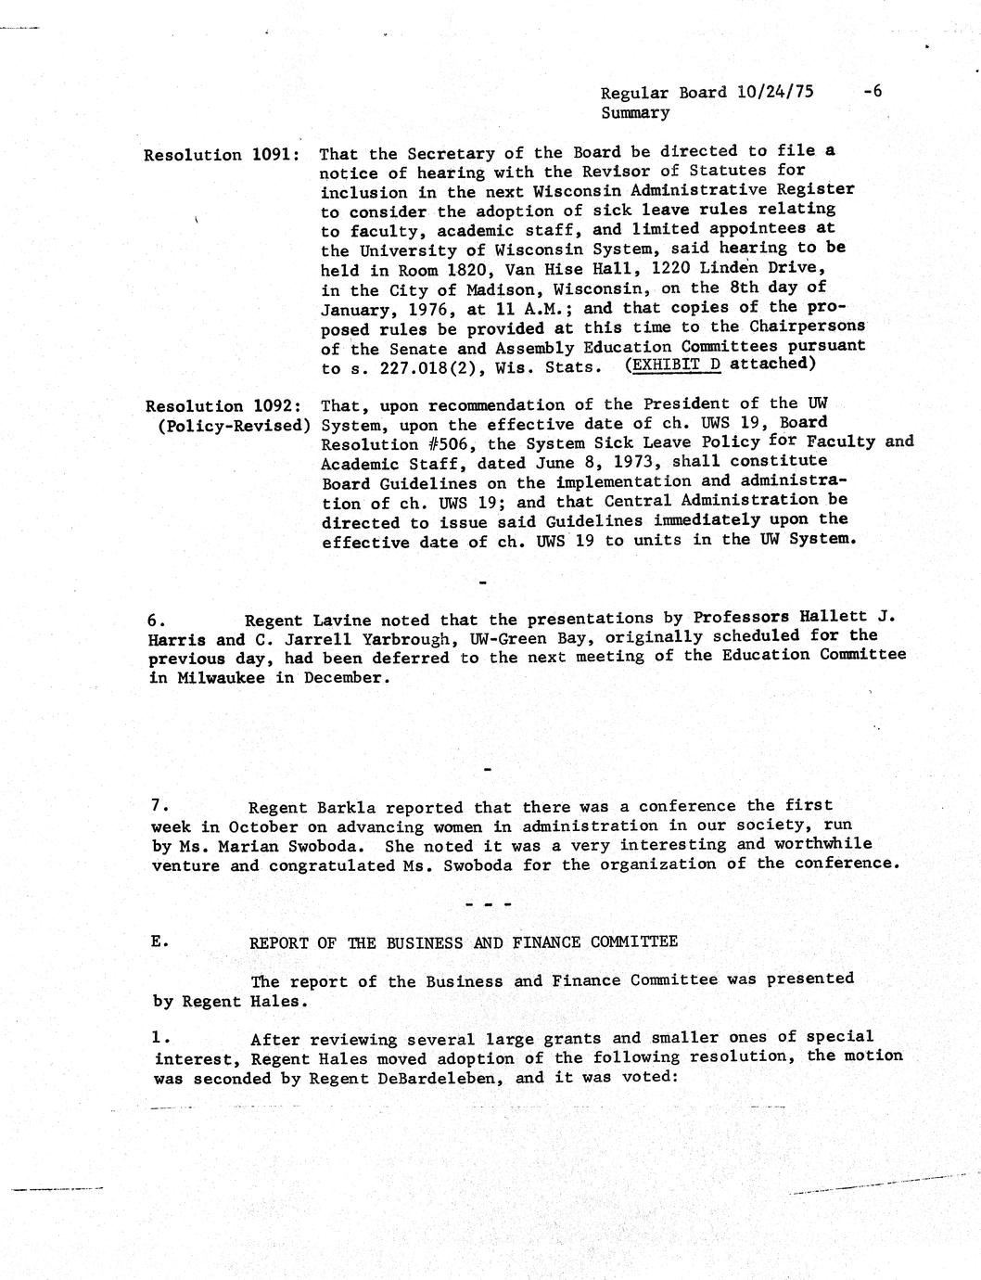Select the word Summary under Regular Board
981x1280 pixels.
[635, 112]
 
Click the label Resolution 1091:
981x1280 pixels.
[221, 155]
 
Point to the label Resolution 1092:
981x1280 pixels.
[223, 405]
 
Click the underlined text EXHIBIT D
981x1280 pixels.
[675, 364]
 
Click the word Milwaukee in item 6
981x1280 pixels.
[222, 677]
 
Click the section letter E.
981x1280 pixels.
[159, 941]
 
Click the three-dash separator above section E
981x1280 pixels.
[486, 903]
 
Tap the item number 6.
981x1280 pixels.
[157, 620]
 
